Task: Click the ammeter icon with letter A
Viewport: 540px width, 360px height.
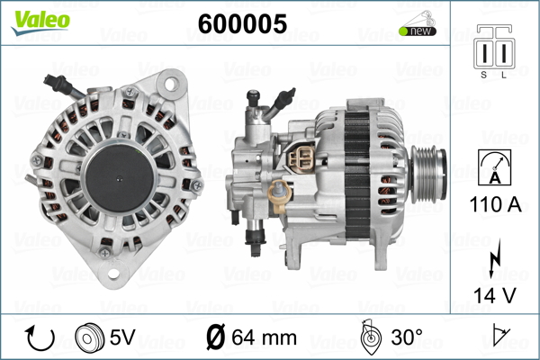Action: pos(494,167)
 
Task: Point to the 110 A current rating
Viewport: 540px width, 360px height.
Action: pos(494,204)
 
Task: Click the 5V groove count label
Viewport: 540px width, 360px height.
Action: pos(123,337)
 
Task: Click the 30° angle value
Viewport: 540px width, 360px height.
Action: pos(407,337)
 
